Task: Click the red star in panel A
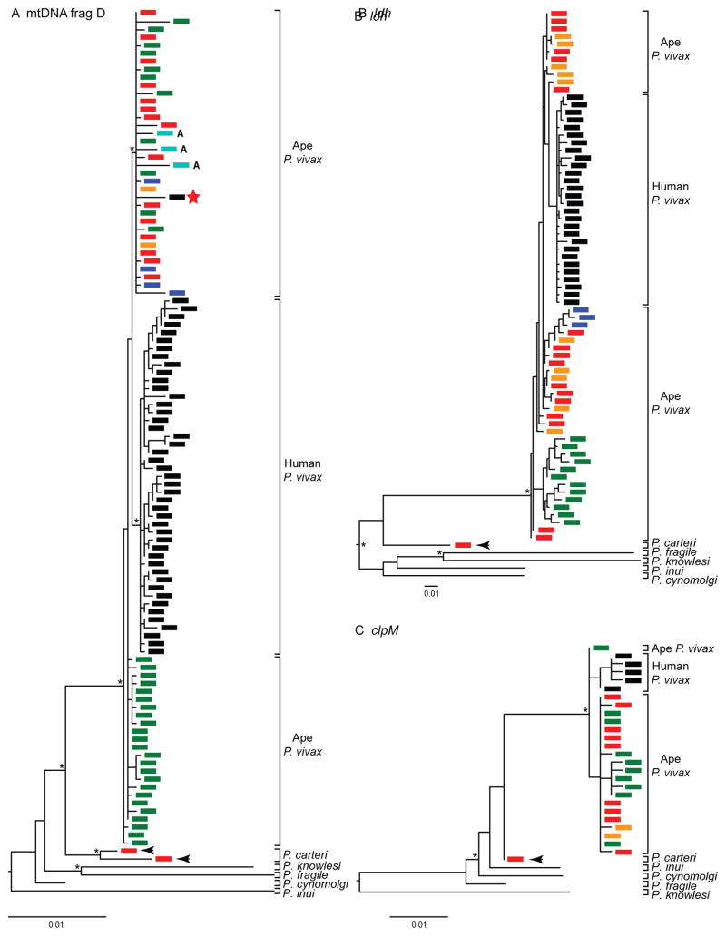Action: click(194, 197)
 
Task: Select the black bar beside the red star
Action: click(176, 197)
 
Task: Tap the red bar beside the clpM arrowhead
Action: click(515, 858)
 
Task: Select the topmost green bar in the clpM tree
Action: click(600, 648)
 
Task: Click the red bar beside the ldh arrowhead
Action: click(463, 544)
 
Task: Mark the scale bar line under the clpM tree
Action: click(419, 916)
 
